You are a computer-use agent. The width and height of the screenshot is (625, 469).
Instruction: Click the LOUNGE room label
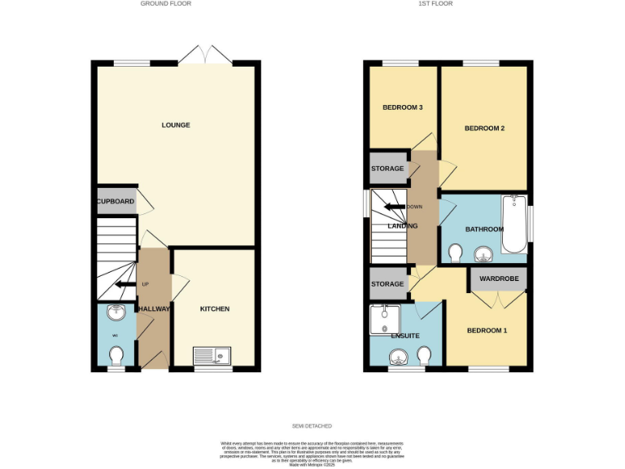(176, 125)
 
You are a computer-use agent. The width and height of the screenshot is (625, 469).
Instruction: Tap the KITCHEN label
(215, 309)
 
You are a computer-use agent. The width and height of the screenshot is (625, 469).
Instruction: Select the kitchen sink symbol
(212, 355)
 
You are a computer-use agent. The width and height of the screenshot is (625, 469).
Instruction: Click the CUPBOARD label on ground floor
(116, 201)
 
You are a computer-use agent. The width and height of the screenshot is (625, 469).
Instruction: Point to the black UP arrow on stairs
(125, 284)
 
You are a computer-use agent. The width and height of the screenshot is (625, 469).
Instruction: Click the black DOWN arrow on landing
(396, 206)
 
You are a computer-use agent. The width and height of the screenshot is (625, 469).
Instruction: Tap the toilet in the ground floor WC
(116, 356)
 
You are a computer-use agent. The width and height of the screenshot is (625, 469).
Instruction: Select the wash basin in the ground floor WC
(115, 313)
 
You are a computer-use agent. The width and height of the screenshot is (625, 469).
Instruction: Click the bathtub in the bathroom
(514, 224)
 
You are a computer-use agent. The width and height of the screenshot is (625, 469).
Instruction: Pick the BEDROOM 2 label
(485, 129)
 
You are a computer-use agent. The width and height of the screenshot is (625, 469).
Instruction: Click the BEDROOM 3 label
(402, 107)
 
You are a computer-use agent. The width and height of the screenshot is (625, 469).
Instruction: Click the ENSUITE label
(404, 335)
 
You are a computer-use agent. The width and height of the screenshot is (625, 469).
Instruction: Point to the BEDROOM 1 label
(487, 331)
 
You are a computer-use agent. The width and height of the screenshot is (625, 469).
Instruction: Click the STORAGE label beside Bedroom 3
(387, 169)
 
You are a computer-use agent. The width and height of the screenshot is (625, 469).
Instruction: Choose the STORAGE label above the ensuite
(387, 284)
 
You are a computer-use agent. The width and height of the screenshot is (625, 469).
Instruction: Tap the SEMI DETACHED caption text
(312, 426)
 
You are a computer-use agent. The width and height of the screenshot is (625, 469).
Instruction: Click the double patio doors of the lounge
(206, 56)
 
